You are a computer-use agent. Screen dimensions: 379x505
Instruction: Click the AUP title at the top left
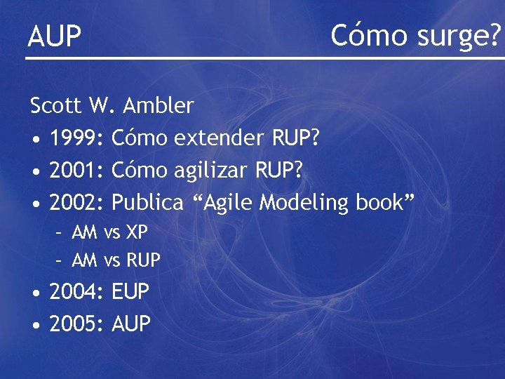(x=55, y=36)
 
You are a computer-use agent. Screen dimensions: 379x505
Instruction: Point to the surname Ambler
(x=158, y=106)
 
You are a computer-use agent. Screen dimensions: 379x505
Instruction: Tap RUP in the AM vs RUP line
(x=143, y=261)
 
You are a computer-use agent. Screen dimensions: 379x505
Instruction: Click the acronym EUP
(x=131, y=292)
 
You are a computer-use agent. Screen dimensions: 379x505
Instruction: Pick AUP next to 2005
(x=131, y=324)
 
